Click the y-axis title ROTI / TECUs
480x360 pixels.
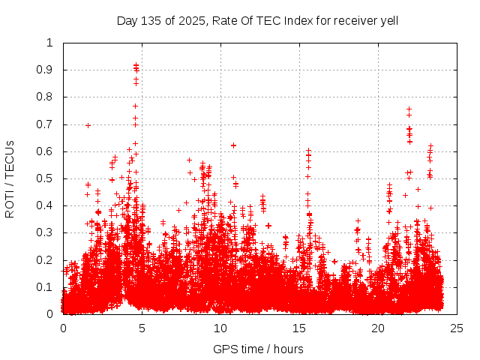pos(10,178)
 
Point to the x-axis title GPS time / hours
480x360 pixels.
pos(258,349)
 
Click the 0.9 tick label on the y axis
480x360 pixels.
pos(46,70)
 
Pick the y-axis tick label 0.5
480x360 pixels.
pos(46,178)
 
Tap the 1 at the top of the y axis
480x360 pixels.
pos(50,43)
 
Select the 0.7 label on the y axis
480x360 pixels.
pos(46,124)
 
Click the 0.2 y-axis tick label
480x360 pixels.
pos(46,260)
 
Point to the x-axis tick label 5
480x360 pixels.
pos(142,328)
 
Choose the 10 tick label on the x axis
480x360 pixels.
pos(220,328)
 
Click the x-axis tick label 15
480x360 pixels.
pos(299,328)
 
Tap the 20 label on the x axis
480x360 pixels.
pos(378,328)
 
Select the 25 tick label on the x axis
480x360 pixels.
pos(457,328)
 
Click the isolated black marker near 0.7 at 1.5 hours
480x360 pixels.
pos(88,125)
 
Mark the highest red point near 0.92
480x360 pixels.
pos(136,65)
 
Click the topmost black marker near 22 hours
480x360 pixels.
pos(409,109)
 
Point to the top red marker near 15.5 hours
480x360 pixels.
pos(308,151)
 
